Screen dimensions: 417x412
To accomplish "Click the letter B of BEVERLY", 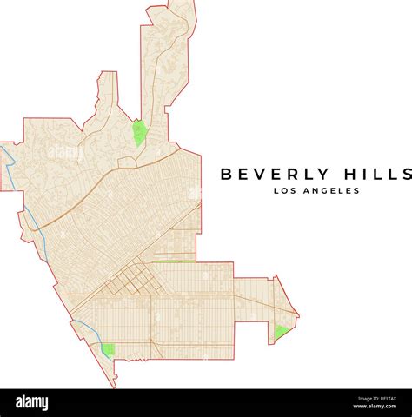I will tap(226, 174).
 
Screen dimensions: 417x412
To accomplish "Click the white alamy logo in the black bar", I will tap(32, 403).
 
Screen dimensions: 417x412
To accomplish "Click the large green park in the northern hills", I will tap(138, 133).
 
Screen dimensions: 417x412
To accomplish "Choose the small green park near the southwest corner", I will tap(108, 349).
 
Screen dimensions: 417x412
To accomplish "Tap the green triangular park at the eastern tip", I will tap(281, 331).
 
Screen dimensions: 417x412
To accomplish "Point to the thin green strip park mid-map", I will tap(174, 261).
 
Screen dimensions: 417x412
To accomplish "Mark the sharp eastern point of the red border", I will tap(298, 314).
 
